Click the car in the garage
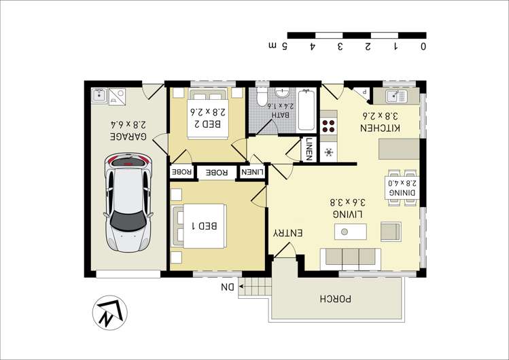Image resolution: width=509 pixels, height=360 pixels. pos(128,202)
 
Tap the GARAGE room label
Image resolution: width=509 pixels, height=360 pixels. pos(129,137)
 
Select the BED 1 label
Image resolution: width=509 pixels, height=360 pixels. pos(204,226)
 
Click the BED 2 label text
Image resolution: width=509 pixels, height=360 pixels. pos(207,124)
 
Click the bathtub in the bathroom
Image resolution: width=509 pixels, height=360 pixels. pos(306,110)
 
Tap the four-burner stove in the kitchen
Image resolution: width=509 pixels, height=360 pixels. pos(328,126)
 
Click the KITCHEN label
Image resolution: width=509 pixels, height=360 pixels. pos(381,128)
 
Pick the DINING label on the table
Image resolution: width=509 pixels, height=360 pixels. pos(402,192)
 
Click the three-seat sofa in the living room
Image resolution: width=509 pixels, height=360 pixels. pos(351,259)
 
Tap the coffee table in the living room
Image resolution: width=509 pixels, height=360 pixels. pos(351,232)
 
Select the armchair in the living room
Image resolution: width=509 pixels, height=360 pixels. pos(391,232)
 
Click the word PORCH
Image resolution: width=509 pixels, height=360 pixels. pos(335,299)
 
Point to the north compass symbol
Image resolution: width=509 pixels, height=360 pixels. pos(110,313)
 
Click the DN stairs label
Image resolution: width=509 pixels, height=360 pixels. pos(228,287)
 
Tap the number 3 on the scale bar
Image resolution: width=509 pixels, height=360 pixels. pos(340,46)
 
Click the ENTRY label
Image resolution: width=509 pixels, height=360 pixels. pos(288,233)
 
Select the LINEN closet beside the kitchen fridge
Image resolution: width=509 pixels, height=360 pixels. pos(309,149)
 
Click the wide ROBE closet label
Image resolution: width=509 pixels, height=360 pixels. pos(217,173)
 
